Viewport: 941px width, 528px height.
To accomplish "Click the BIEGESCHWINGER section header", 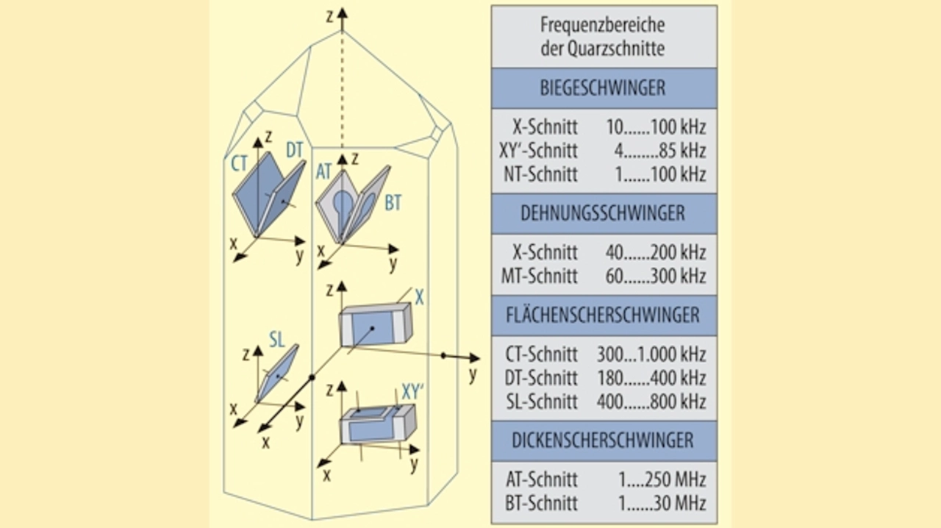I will coord(603,88).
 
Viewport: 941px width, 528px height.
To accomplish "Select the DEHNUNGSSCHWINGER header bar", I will coord(603,213).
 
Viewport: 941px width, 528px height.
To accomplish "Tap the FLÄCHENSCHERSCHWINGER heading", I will coord(603,315).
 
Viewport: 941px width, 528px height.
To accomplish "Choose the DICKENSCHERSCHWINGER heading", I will coord(603,440).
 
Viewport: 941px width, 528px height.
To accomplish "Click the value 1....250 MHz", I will coord(662,480).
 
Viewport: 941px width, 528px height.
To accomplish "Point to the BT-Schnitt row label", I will coord(542,504).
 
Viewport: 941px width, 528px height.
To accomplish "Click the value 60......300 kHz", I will coord(656,277).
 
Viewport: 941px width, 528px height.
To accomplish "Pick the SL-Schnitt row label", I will coord(542,402).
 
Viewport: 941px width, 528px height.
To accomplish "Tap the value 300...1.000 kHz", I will coord(651,354).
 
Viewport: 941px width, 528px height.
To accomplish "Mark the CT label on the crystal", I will coord(239,163).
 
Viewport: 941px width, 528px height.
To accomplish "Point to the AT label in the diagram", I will coord(324,171).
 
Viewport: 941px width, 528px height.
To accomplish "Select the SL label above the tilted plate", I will coord(276,339).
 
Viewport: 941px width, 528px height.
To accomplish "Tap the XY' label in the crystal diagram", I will coord(412,391).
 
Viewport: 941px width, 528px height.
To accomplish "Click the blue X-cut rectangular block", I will coord(373,326).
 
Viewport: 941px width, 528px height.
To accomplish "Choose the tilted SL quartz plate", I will coord(277,374).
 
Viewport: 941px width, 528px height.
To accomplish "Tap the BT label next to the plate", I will coord(393,203).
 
